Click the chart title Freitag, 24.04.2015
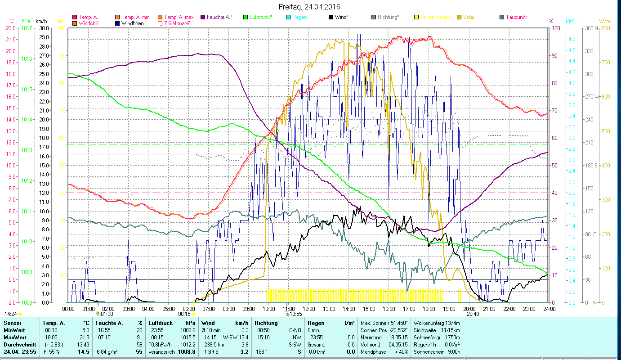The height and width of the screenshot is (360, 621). pyautogui.click(x=309, y=7)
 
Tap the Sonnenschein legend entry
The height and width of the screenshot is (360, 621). pyautogui.click(x=434, y=17)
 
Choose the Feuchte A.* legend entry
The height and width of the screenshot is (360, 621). pyautogui.click(x=219, y=17)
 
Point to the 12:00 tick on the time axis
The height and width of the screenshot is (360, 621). pyautogui.click(x=309, y=309)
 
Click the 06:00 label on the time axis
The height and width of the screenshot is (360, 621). pyautogui.click(x=188, y=309)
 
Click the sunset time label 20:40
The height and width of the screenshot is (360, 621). pyautogui.click(x=473, y=314)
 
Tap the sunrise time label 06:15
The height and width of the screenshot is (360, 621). pyautogui.click(x=184, y=314)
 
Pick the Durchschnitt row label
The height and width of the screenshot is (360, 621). pyautogui.click(x=18, y=344)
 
